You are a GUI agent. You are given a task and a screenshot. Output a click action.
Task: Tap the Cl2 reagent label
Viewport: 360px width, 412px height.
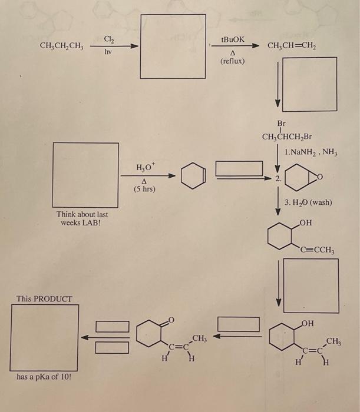pos(109,39)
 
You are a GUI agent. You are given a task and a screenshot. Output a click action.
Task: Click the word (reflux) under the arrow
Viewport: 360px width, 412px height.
pos(233,61)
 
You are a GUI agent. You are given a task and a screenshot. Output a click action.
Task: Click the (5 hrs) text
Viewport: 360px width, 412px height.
pos(144,190)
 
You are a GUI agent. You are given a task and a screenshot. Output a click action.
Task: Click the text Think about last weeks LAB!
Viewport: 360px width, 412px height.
pos(82,219)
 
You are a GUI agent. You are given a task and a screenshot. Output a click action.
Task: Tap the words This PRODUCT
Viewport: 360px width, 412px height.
pos(44,298)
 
